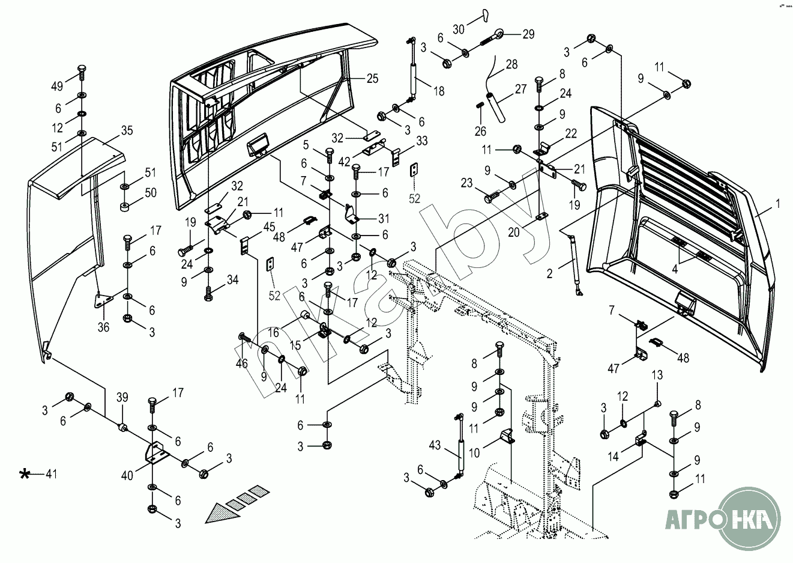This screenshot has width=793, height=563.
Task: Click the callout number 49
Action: (x=57, y=87)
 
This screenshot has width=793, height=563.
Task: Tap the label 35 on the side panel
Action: (x=127, y=130)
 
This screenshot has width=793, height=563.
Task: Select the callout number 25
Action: (x=373, y=78)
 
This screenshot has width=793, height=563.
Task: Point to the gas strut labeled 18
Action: (x=412, y=75)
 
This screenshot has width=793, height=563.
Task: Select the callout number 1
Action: (x=777, y=204)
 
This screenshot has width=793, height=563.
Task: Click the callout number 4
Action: (x=675, y=269)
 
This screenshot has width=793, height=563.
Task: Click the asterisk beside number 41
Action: (x=25, y=475)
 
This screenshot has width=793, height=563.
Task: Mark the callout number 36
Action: (x=103, y=327)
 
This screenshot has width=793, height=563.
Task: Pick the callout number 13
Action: (x=657, y=375)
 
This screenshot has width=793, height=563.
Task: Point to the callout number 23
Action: (x=467, y=183)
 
